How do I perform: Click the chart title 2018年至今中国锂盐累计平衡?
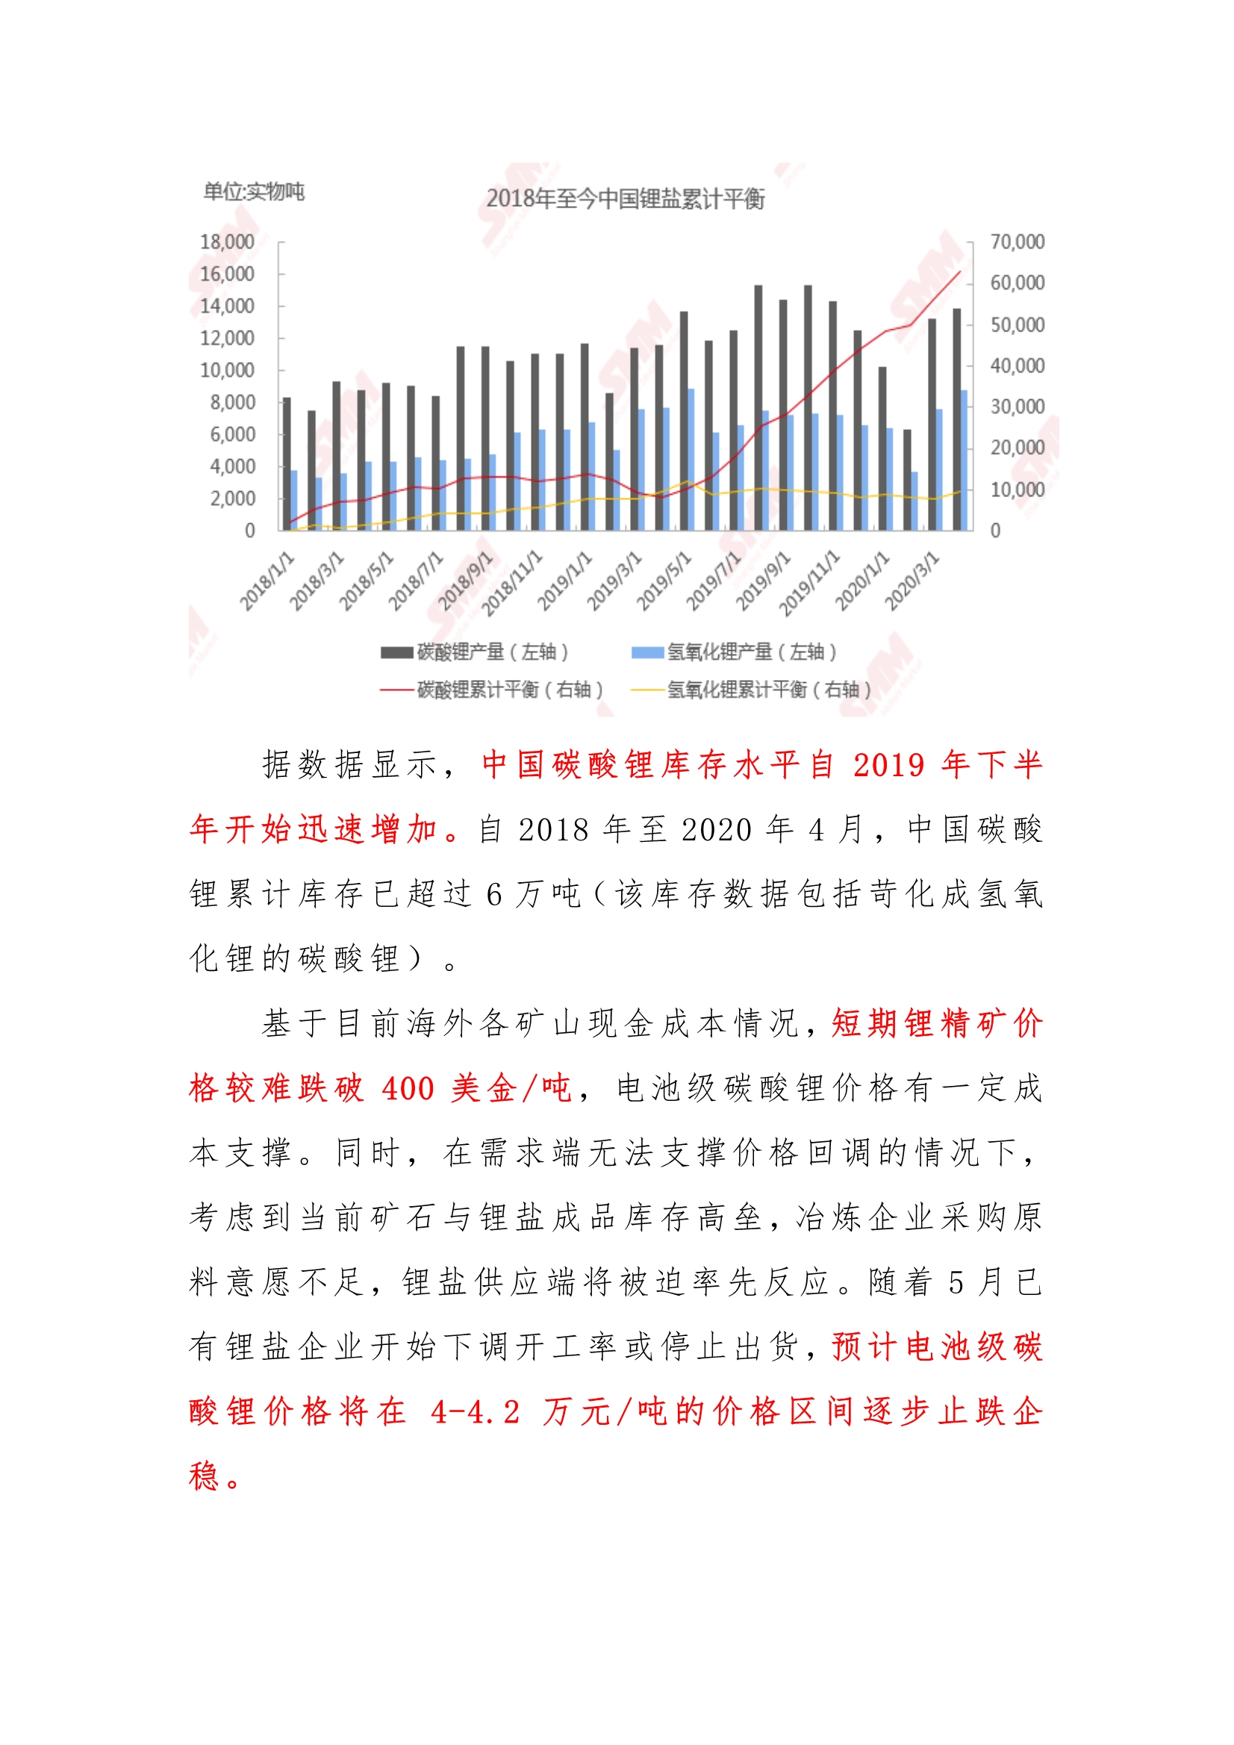(x=625, y=199)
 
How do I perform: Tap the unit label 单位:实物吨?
(x=254, y=192)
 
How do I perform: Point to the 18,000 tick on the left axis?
(x=227, y=242)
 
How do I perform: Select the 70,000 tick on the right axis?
(x=1017, y=242)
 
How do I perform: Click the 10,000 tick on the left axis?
(x=227, y=370)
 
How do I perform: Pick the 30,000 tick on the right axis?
(x=1017, y=407)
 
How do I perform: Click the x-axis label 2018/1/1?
(x=268, y=582)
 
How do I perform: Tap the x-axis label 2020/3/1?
(x=912, y=582)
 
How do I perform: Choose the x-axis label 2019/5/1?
(x=664, y=582)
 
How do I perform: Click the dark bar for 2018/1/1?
(x=287, y=463)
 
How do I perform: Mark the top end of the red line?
(x=960, y=272)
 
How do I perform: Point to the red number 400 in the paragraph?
(x=408, y=1088)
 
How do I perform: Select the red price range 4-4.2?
(x=476, y=1412)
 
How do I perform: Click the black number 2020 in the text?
(x=714, y=830)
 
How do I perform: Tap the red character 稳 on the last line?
(x=205, y=1476)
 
